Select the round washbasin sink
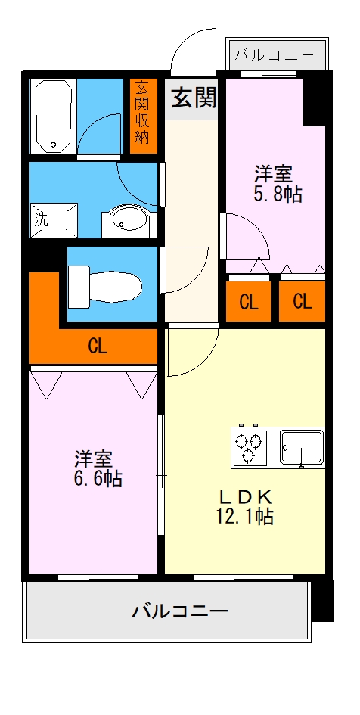click(126, 221)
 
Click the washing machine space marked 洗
click(54, 220)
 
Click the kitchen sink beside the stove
click(302, 447)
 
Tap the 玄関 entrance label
click(194, 97)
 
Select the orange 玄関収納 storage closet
click(143, 117)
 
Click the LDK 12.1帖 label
click(245, 507)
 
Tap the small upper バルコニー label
click(275, 56)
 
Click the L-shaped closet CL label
click(98, 347)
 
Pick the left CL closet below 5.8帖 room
click(249, 302)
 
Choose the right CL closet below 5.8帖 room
click(302, 302)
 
